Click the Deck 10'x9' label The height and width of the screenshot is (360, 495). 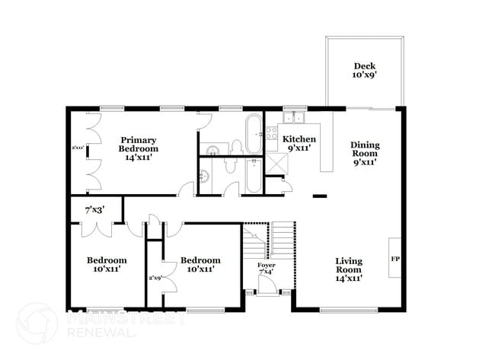(362, 71)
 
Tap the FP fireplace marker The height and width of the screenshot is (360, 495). (394, 260)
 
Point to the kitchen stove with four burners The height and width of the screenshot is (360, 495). (271, 136)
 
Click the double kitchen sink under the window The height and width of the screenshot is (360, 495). (294, 118)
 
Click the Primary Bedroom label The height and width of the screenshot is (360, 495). (138, 145)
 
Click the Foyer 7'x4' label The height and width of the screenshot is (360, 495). (266, 269)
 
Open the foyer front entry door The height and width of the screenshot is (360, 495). (267, 286)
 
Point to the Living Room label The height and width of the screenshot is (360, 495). (349, 269)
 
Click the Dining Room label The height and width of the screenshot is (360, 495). (364, 153)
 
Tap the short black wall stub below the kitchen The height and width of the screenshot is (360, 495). (320, 196)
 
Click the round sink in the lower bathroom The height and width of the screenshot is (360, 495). (203, 177)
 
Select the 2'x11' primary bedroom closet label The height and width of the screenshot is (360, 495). (77, 148)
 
